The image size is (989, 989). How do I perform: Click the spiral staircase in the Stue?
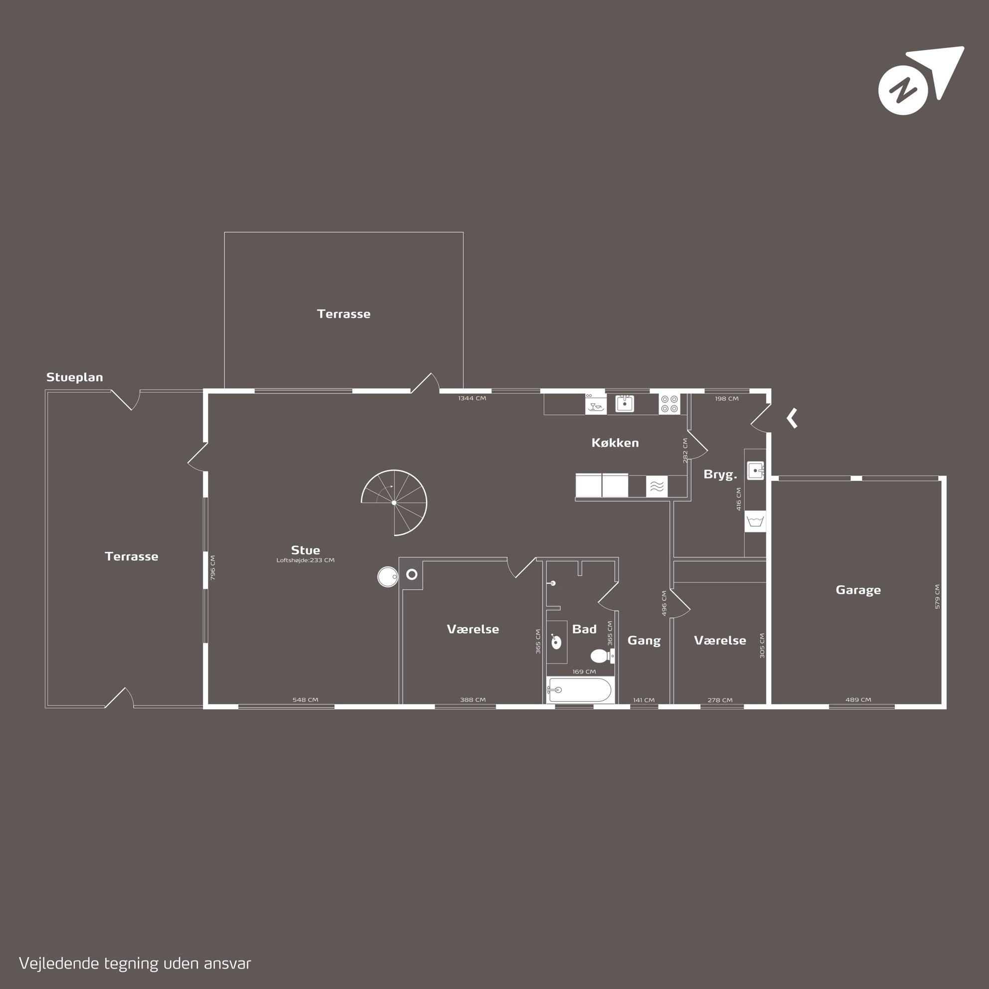click(x=394, y=502)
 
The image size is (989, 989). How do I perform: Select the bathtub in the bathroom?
click(x=579, y=690)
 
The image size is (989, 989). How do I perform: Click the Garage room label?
click(x=858, y=590)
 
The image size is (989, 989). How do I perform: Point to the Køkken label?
click(x=615, y=443)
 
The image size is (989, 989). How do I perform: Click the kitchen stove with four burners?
click(x=669, y=404)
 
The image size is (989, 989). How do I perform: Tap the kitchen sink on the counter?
click(x=625, y=403)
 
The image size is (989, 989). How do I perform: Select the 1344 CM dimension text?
click(x=472, y=398)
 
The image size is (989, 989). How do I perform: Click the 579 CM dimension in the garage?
click(x=937, y=596)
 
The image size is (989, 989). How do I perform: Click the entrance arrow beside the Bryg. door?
click(x=792, y=418)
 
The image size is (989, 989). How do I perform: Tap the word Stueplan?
click(x=75, y=377)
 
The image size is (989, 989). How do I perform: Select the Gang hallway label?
click(x=644, y=641)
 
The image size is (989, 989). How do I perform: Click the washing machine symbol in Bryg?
click(x=755, y=521)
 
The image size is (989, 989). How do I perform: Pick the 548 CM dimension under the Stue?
click(x=305, y=700)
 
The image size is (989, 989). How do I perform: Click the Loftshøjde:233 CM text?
click(x=305, y=560)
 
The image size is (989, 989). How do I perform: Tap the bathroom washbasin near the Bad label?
click(x=556, y=642)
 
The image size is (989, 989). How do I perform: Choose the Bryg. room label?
click(x=720, y=475)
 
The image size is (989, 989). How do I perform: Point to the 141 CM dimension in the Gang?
click(x=644, y=700)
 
